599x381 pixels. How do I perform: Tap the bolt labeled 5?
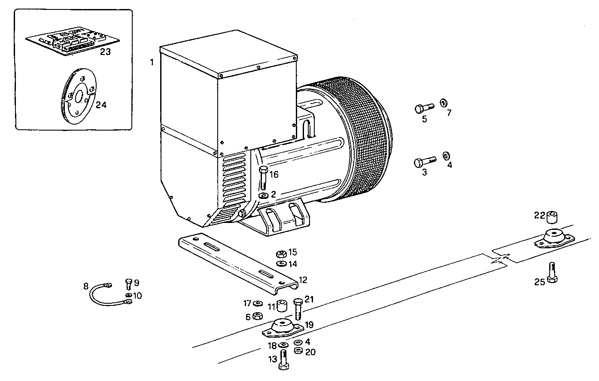tap(423, 108)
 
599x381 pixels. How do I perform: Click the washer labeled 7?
tap(444, 103)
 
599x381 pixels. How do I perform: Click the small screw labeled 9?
tap(128, 283)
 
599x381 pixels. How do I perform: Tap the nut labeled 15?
tap(281, 253)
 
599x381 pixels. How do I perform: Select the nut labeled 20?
tap(298, 351)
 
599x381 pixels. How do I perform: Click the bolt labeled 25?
tap(552, 272)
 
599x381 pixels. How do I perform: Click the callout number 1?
tap(152, 63)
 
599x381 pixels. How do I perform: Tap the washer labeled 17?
tap(258, 304)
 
